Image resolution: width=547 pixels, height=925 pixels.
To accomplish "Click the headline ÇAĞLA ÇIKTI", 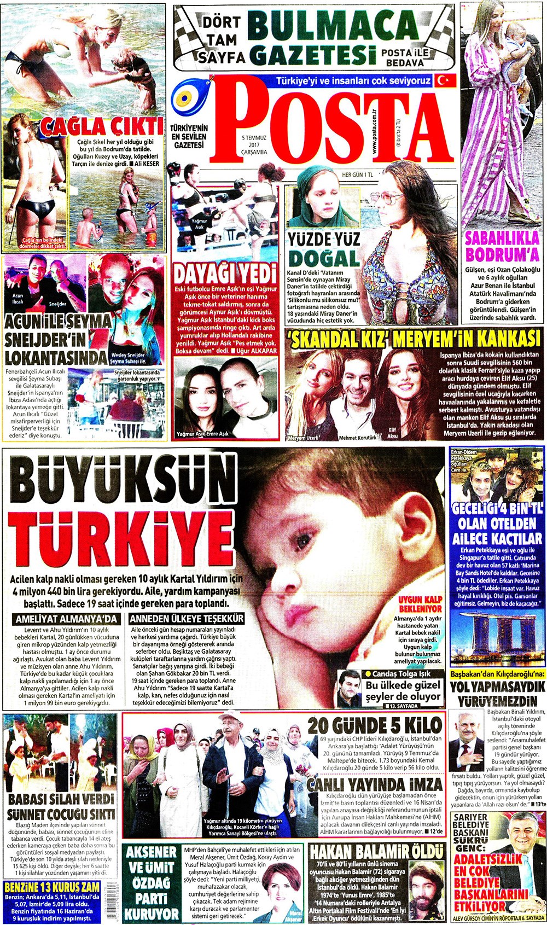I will pyautogui.click(x=104, y=126).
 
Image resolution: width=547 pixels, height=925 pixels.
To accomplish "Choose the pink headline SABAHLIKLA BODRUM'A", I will pyautogui.click(x=502, y=247).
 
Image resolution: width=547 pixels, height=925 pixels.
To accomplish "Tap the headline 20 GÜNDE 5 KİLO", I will pyautogui.click(x=374, y=725).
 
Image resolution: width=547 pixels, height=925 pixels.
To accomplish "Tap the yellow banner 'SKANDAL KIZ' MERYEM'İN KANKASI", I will pyautogui.click(x=415, y=339).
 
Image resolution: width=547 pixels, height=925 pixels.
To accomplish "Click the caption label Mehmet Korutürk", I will pyautogui.click(x=358, y=438).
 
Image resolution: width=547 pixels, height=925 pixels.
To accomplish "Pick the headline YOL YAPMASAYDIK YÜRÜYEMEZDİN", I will pyautogui.click(x=497, y=693).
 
